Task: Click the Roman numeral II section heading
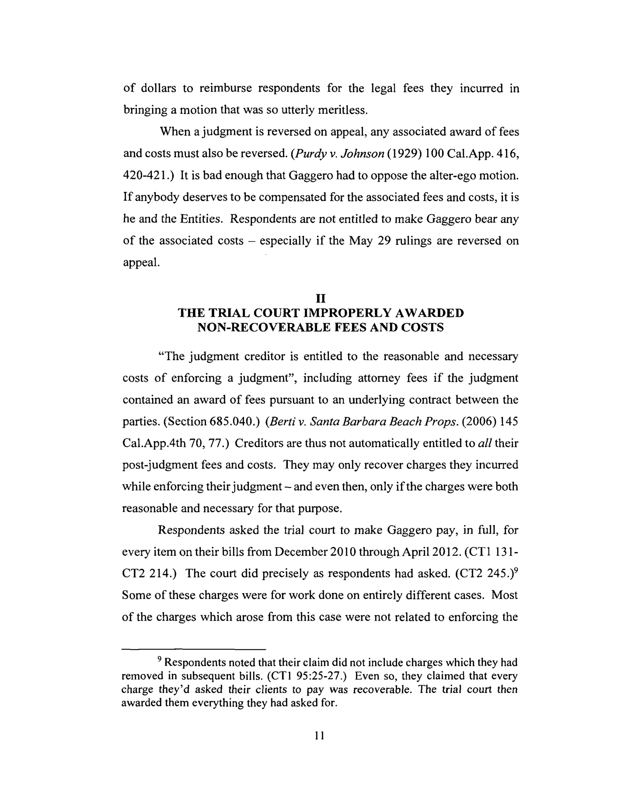coord(320,298)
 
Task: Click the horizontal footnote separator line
coord(193,649)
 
